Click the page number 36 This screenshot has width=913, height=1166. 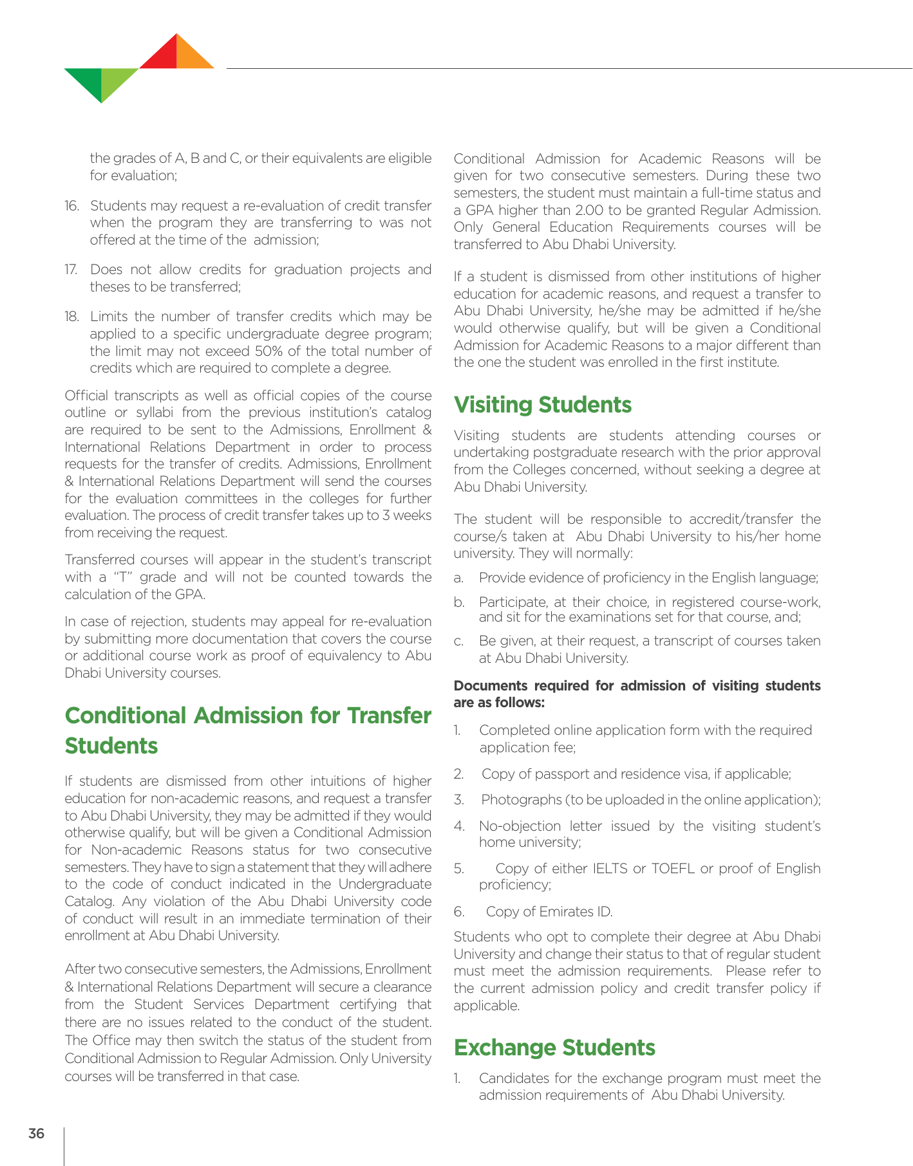(x=36, y=1133)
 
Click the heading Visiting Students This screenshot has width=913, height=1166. (x=542, y=405)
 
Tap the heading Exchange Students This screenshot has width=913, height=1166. (x=554, y=1048)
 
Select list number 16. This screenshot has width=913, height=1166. (x=71, y=206)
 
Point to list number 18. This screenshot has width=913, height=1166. (x=71, y=317)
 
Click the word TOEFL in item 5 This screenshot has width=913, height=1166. (x=673, y=869)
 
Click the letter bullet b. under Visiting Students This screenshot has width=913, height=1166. (x=458, y=602)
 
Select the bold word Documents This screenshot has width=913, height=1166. (x=489, y=686)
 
